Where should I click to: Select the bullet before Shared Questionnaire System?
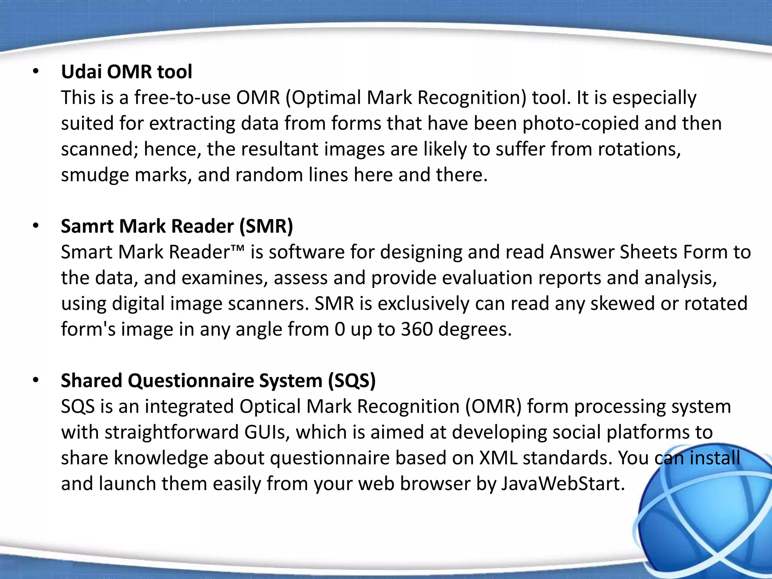[36, 380]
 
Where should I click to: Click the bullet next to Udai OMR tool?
[36, 72]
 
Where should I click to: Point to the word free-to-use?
[182, 98]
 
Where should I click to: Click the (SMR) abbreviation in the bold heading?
[266, 226]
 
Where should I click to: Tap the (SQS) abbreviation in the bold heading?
[352, 380]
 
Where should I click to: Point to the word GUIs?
[267, 432]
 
